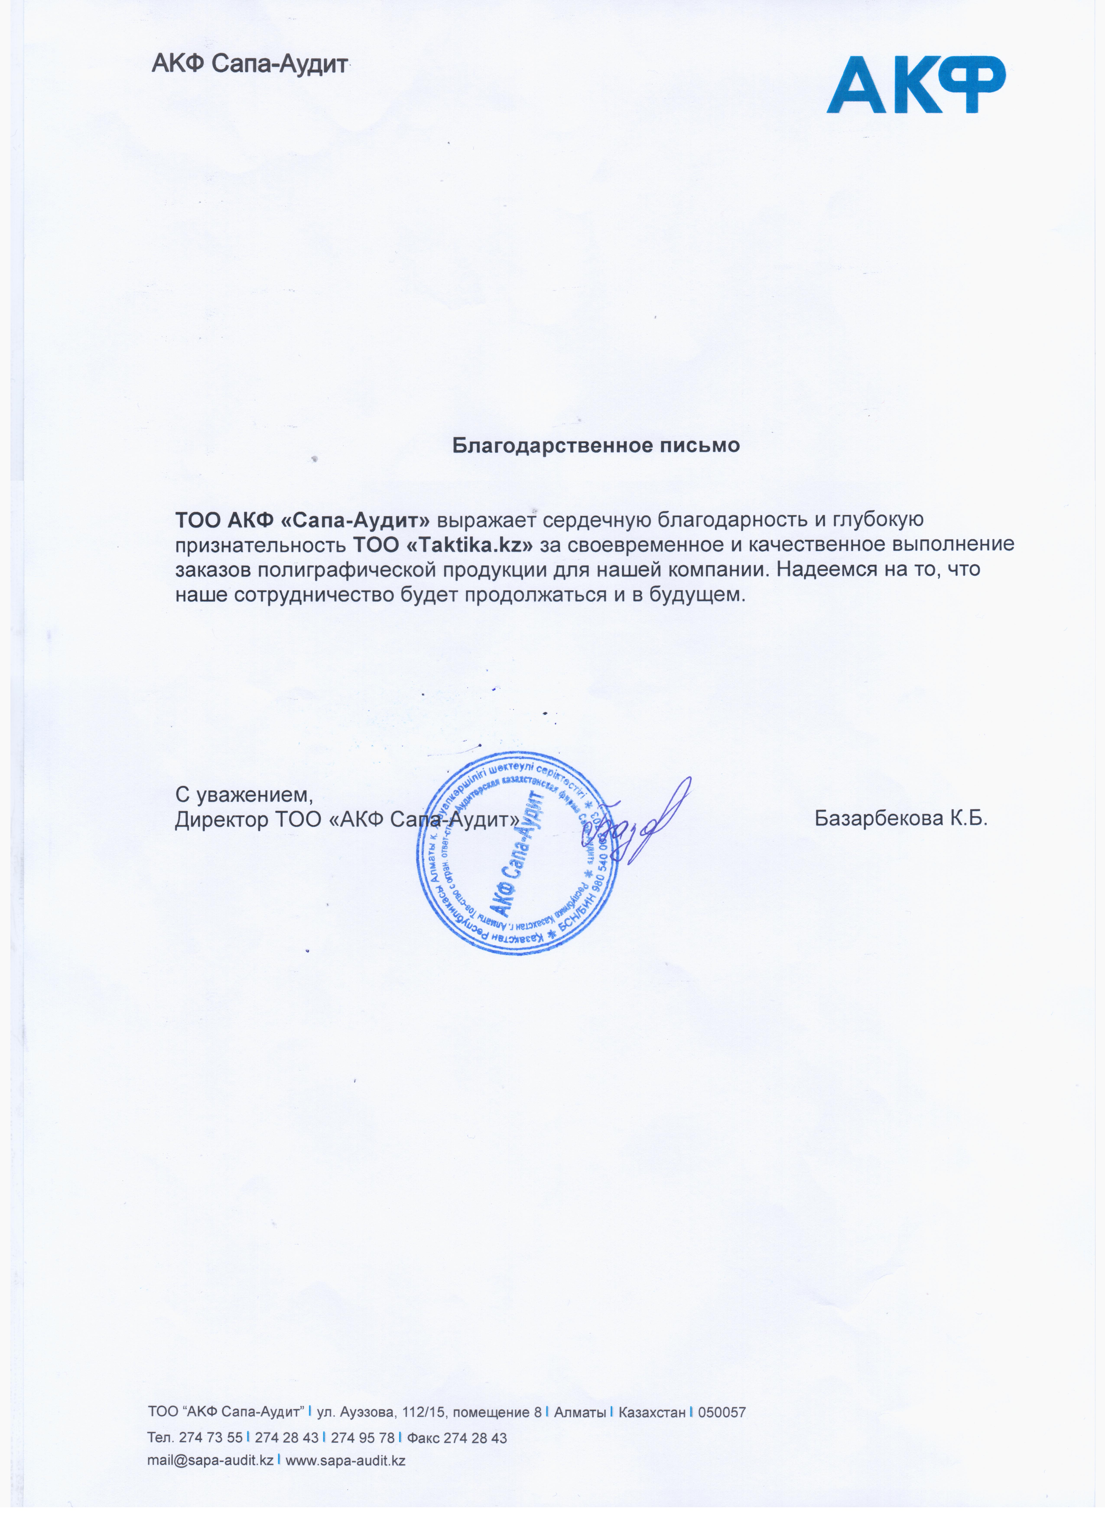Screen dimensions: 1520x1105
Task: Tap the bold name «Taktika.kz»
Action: coord(469,544)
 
